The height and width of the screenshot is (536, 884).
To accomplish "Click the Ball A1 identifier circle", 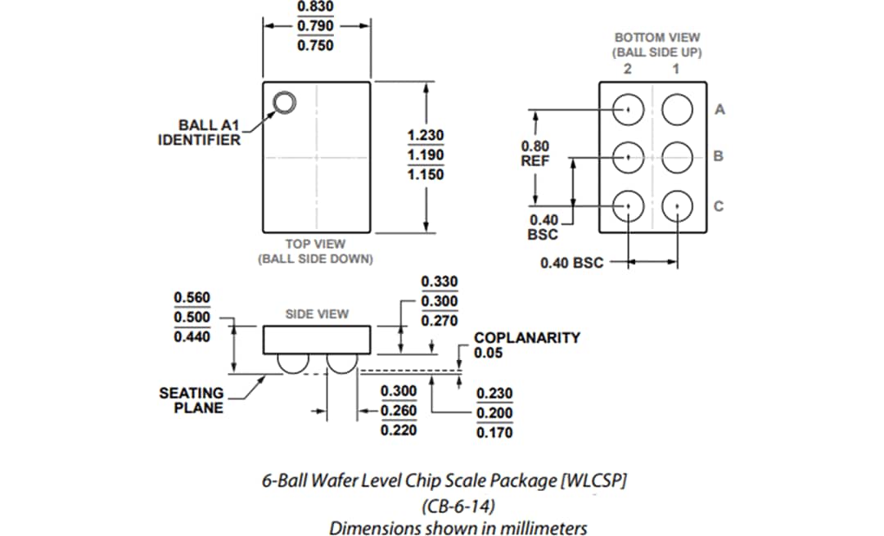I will click(x=284, y=102).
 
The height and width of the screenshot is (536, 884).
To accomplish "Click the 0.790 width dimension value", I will click(x=314, y=25).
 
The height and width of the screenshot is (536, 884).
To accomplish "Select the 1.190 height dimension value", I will click(x=425, y=155).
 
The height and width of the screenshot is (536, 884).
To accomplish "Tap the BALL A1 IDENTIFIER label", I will click(x=199, y=133).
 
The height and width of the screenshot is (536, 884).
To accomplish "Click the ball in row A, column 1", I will click(x=678, y=109).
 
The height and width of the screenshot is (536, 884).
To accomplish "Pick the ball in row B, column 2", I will click(x=628, y=156).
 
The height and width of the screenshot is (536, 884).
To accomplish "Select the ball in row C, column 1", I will click(x=678, y=205).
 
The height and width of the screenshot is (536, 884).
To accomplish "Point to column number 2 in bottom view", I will click(x=627, y=69).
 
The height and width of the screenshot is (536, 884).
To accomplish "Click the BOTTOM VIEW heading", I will click(x=658, y=38).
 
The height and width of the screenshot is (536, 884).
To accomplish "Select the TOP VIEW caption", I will click(x=315, y=244).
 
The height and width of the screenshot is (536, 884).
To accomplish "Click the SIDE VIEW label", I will click(x=317, y=313).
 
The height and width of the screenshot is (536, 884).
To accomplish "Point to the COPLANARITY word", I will click(x=526, y=337).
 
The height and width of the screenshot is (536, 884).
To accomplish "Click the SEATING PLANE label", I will click(x=191, y=400).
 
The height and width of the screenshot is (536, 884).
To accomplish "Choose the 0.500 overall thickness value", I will click(x=192, y=317).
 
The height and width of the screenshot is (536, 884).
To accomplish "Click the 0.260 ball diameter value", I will click(x=399, y=410).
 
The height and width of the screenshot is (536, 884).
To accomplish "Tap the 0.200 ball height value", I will click(x=494, y=412).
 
